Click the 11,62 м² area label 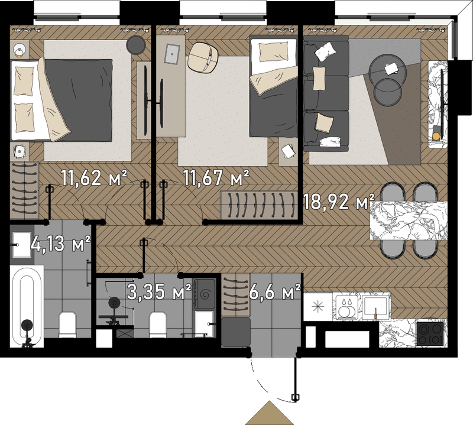(94, 178)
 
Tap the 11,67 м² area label (216, 178)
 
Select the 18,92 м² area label (338, 202)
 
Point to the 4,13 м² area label (60, 244)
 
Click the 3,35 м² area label (159, 291)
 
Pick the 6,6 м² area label (275, 291)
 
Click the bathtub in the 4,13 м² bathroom (27, 306)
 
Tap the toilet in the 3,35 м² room (158, 325)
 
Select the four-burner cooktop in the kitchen (430, 334)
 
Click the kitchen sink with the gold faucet (376, 307)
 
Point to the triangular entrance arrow (270, 413)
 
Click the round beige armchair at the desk (203, 57)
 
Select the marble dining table (409, 220)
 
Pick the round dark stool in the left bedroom (136, 46)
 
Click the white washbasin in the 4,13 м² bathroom (21, 245)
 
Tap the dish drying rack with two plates (346, 307)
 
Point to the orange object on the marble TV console (436, 137)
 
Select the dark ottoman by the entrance (236, 332)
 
